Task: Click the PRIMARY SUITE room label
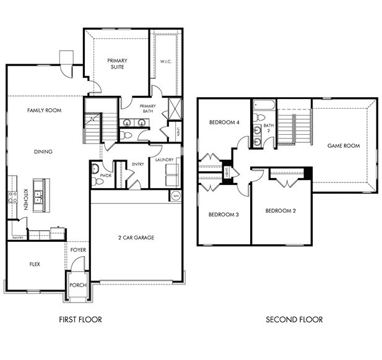pos(116,64)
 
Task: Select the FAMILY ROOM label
pos(43,110)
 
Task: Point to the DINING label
pos(43,152)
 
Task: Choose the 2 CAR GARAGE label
pos(136,238)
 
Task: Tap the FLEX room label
pos(35,264)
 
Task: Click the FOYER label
pos(78,250)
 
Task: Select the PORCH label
pos(78,286)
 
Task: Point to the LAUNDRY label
pos(164,160)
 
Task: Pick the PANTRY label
pos(18,237)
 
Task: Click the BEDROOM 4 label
pos(224,122)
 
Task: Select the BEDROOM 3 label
pos(224,215)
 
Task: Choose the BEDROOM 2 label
pos(280,211)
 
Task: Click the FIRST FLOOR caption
pos(80,320)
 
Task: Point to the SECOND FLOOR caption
pos(294,320)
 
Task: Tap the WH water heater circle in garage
pos(176,196)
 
